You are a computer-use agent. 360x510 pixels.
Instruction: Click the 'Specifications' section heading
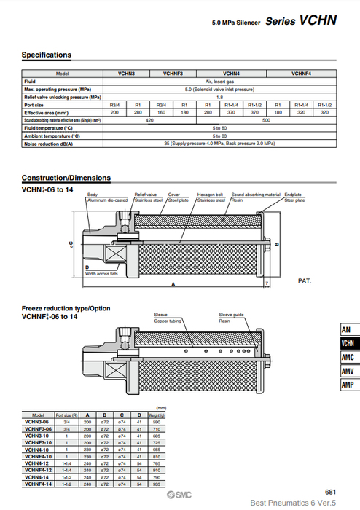click(47, 55)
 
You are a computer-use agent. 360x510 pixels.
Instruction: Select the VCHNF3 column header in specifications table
click(173, 74)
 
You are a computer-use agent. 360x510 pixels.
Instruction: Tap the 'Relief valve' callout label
click(146, 195)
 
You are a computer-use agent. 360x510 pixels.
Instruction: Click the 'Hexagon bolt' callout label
click(211, 195)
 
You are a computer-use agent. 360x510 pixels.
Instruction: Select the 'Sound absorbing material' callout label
click(256, 195)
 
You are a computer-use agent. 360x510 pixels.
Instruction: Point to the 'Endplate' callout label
click(293, 195)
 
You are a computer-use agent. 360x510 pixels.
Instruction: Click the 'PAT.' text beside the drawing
click(305, 280)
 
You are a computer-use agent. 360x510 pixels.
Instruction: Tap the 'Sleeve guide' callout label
click(230, 314)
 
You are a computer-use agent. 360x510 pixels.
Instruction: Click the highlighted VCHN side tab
click(348, 343)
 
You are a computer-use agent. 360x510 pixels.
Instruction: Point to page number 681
click(330, 493)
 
